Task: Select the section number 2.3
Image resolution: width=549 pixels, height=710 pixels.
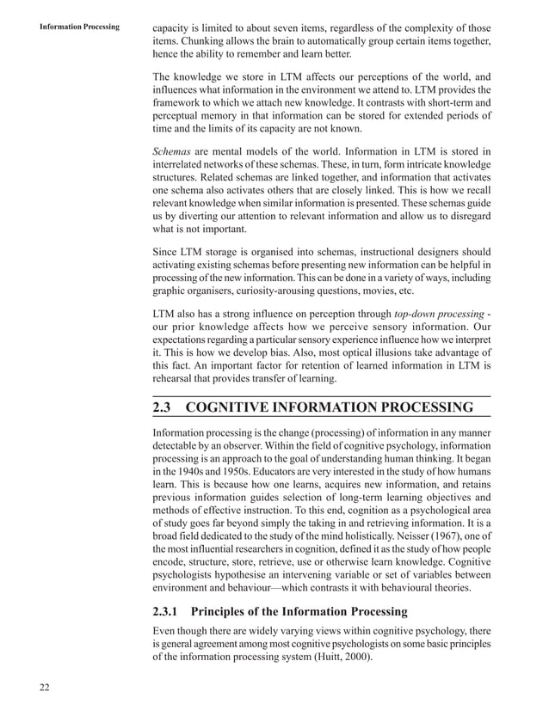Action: pos(165,407)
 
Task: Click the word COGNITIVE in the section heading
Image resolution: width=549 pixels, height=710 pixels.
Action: pos(246,407)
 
